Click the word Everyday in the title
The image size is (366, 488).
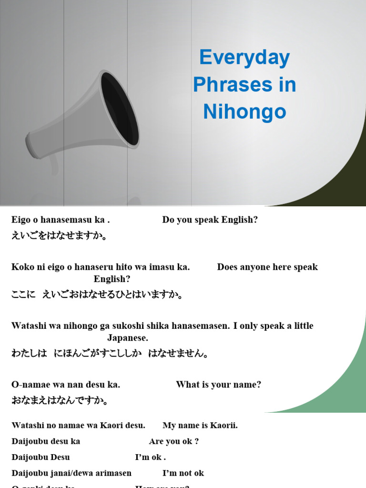pos(244,58)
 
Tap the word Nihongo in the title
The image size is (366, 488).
pos(244,112)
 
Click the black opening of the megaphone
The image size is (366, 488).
pos(120,109)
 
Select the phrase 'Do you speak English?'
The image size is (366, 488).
pos(210,220)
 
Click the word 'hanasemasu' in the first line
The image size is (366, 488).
pos(71,220)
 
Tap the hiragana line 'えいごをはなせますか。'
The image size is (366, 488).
pos(60,236)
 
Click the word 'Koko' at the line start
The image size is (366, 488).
pos(22,267)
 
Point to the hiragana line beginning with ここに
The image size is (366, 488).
pos(97,295)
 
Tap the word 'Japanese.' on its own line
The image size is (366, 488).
pos(128,338)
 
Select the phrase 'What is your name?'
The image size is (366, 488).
pos(218,385)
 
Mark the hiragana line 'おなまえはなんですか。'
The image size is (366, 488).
pos(60,400)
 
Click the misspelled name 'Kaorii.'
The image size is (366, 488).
pos(223,425)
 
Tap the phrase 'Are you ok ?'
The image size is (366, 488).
pos(173,441)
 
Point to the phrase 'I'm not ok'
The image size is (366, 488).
pos(183,473)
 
